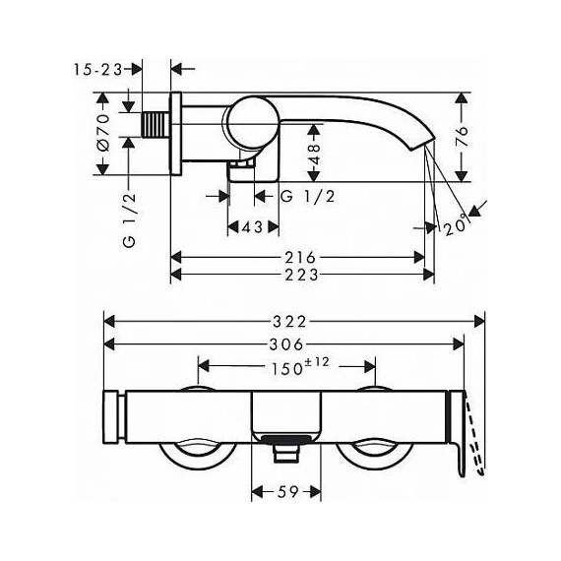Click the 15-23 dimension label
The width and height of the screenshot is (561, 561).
point(98,70)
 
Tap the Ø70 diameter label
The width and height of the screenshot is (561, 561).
point(103,133)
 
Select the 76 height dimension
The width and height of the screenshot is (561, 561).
point(462,137)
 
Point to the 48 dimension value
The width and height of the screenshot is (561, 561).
point(314,155)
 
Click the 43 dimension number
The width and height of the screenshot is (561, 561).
point(253,226)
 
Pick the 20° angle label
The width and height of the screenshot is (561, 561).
point(457,225)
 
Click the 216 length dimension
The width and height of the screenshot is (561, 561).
point(300,257)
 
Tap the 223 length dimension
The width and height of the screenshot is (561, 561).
point(301,275)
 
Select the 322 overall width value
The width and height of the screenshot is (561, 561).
point(289,322)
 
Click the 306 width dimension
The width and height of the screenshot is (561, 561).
point(286,344)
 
